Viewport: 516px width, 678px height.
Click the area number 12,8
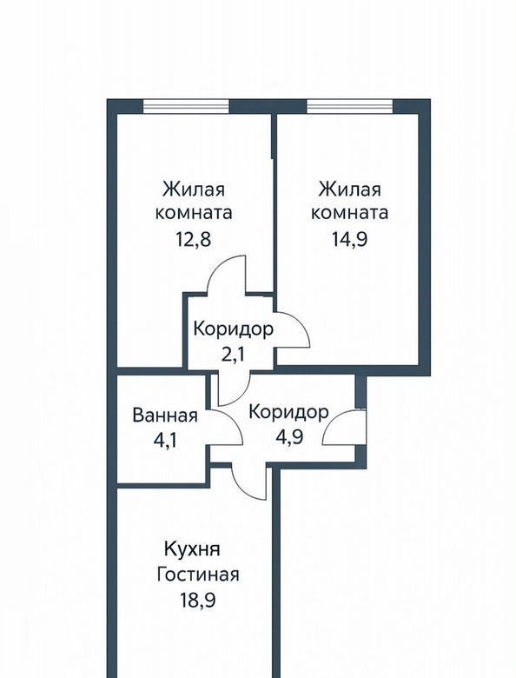pyautogui.click(x=193, y=239)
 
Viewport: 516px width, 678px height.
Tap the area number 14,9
pyautogui.click(x=349, y=239)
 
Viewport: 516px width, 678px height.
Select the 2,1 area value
pyautogui.click(x=233, y=355)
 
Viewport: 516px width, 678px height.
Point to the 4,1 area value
pyautogui.click(x=166, y=441)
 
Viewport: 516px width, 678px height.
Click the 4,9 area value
pyautogui.click(x=289, y=436)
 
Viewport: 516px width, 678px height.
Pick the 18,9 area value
pyautogui.click(x=197, y=600)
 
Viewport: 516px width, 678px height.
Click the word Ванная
pyautogui.click(x=165, y=415)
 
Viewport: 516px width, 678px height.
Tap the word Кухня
pyautogui.click(x=192, y=549)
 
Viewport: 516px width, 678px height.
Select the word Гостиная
pyautogui.click(x=198, y=575)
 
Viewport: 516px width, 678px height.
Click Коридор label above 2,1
pyautogui.click(x=234, y=329)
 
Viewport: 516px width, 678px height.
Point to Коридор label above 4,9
pyautogui.click(x=288, y=412)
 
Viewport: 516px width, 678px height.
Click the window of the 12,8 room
pyautogui.click(x=186, y=106)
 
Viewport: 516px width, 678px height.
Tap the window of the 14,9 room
pyautogui.click(x=349, y=106)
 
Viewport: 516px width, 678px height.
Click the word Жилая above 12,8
pyautogui.click(x=194, y=189)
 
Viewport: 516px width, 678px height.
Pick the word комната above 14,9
pyautogui.click(x=349, y=213)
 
